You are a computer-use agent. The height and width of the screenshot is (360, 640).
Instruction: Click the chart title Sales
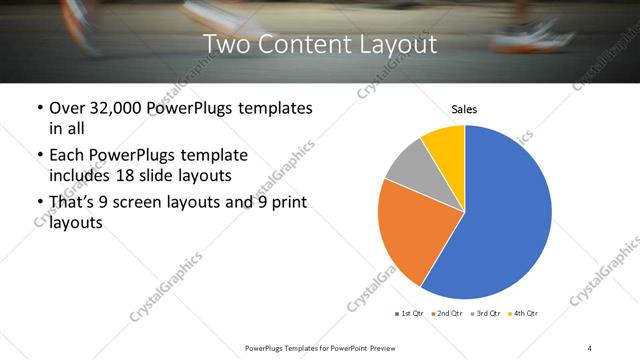point(464,109)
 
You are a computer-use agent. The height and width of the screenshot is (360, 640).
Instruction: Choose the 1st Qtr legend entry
point(409,315)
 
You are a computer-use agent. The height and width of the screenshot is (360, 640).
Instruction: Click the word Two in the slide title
point(224,45)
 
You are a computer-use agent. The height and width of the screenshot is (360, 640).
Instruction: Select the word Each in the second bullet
point(67,155)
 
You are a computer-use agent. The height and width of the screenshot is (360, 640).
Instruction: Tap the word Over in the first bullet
point(67,108)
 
